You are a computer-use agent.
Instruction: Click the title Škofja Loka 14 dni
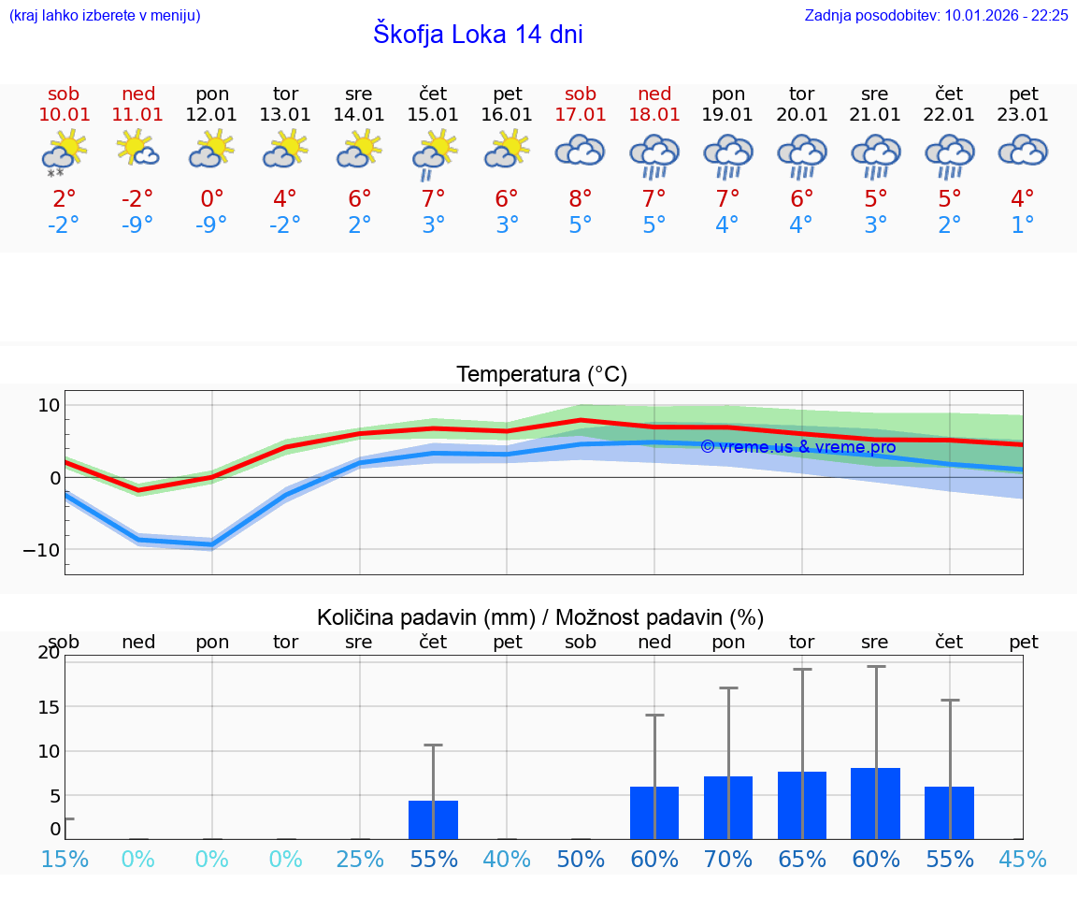478,35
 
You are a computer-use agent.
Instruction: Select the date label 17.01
581,115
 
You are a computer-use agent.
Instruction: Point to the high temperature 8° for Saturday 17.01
581,198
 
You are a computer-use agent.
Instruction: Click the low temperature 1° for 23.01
1023,225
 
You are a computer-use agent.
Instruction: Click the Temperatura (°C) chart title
541,375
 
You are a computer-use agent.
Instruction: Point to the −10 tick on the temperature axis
42,550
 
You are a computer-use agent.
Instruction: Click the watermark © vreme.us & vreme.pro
797,447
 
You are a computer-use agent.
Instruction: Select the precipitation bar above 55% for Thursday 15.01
433,819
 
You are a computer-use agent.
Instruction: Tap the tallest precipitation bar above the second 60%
875,803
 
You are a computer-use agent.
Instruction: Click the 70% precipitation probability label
728,859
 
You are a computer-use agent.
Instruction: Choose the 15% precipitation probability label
65,859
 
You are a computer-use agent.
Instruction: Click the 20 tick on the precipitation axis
49,653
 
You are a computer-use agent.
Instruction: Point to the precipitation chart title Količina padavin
425,617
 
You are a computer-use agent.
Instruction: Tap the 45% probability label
1023,859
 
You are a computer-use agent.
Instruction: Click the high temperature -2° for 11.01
137,198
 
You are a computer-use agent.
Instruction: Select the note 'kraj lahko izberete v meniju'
105,15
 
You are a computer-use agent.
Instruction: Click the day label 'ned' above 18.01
654,94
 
